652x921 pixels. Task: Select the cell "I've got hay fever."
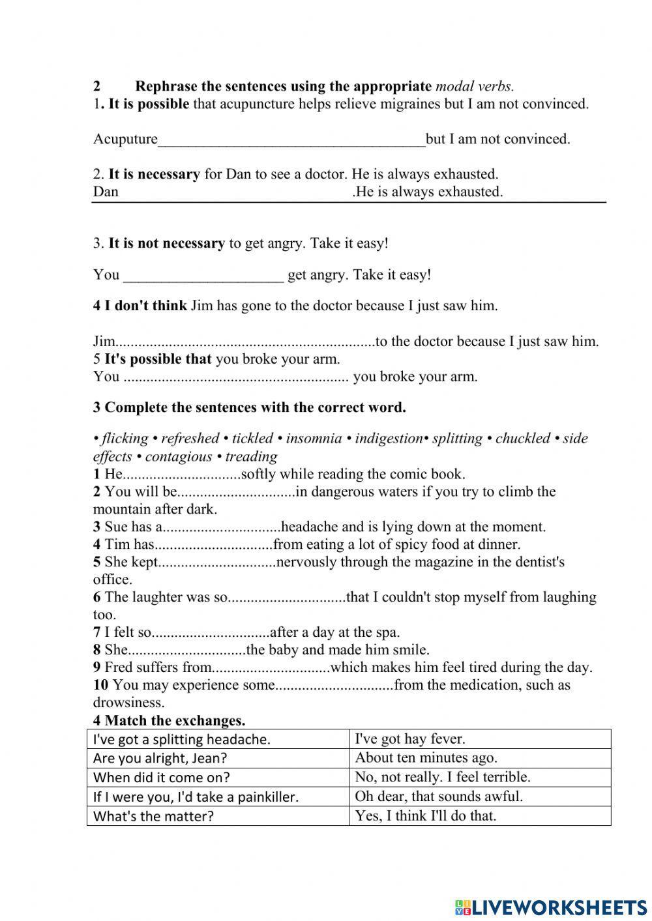click(x=479, y=738)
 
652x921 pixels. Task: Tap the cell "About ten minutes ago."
click(x=479, y=757)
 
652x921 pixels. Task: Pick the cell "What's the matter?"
click(x=218, y=815)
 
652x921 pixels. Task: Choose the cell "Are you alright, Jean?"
click(x=218, y=757)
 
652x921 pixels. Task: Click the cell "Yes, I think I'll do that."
click(x=479, y=815)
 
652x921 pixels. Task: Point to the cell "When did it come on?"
click(x=218, y=777)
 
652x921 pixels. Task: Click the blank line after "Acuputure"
click(x=291, y=140)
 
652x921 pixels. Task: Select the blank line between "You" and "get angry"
click(x=203, y=276)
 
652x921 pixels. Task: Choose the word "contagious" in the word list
click(x=179, y=456)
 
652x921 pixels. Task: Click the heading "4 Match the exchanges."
click(x=169, y=720)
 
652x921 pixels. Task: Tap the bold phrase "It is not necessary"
click(x=166, y=243)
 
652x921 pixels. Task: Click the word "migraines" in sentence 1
click(x=383, y=104)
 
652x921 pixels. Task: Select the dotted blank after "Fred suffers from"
click(x=271, y=668)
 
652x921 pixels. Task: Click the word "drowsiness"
click(x=128, y=703)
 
